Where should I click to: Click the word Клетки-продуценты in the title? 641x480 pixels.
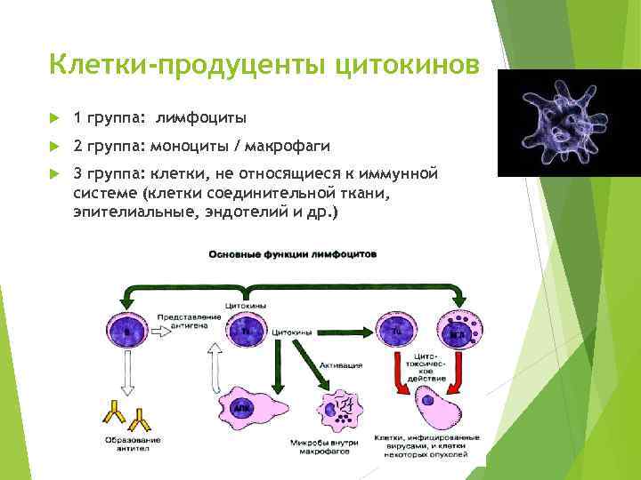[189, 66]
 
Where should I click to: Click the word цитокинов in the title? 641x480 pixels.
[408, 66]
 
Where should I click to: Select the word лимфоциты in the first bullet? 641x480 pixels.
[201, 118]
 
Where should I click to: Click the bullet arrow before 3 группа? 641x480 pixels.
[54, 173]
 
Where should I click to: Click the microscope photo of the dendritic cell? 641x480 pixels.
[566, 123]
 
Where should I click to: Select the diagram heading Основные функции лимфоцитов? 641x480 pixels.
[292, 254]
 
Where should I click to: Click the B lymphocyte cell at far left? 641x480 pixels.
[126, 332]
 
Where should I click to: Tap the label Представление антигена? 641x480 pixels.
[183, 322]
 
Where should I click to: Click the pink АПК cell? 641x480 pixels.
[242, 407]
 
